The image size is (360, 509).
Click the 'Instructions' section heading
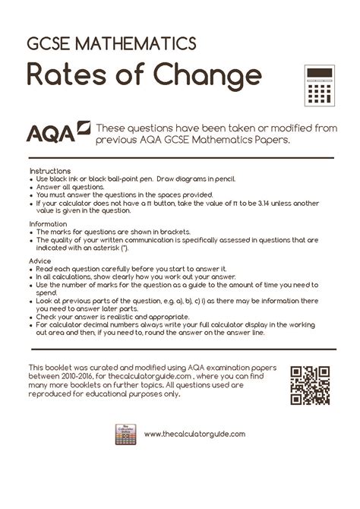tap(49, 171)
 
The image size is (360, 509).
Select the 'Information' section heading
tap(49, 224)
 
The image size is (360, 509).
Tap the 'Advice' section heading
tap(41, 261)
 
